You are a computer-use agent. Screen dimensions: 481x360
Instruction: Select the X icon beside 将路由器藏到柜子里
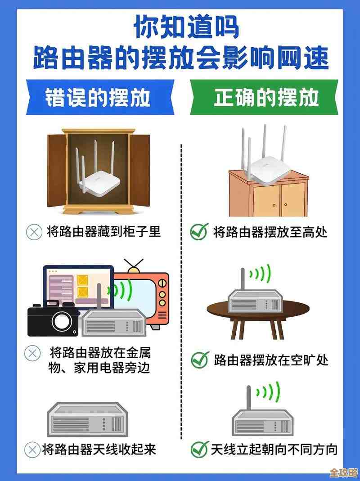coord(33,232)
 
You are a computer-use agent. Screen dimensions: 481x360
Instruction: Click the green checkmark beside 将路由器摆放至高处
coord(198,232)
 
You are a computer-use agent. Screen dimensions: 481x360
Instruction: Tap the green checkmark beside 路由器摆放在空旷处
coord(199,360)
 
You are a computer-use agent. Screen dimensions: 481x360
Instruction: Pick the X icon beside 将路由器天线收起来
coord(32,449)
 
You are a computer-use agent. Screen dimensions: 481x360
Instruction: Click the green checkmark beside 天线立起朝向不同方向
coord(199,449)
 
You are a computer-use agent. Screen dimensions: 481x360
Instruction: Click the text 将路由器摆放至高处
coord(270,232)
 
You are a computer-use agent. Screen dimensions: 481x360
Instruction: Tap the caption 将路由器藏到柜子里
coord(103,232)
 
